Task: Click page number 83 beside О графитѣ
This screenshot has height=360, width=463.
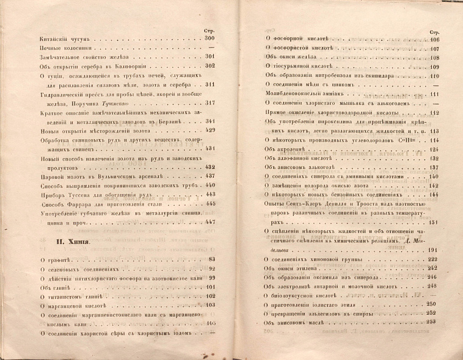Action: click(211, 261)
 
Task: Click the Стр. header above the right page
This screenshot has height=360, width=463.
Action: click(435, 32)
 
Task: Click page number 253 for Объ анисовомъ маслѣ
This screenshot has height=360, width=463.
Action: click(435, 322)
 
